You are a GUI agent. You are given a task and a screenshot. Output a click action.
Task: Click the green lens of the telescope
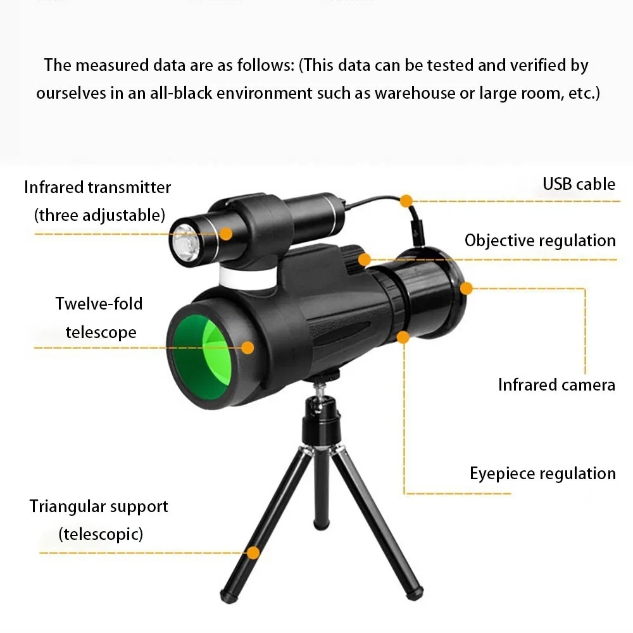point(201,358)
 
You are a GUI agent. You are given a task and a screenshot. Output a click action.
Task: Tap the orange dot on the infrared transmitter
point(226,233)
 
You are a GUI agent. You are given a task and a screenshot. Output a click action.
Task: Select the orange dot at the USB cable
point(406,201)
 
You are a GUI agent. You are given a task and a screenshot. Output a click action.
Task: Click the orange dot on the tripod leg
point(253,553)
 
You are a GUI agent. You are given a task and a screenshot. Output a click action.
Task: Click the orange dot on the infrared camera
point(467,289)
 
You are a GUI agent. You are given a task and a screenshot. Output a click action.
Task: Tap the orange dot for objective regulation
point(364,259)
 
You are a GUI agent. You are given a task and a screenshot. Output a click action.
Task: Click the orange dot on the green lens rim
point(248,347)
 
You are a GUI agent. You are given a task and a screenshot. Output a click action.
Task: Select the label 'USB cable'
point(579,184)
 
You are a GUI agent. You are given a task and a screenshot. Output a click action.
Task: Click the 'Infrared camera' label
point(556,385)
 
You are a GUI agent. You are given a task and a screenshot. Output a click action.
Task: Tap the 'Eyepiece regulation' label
point(542,473)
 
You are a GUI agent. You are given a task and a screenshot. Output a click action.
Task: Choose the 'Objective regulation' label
point(540,241)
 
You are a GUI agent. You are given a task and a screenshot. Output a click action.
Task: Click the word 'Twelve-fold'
point(99,304)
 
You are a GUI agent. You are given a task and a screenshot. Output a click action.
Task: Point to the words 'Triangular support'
point(99,506)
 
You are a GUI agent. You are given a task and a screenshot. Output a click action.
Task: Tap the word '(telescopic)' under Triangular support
point(101,534)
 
